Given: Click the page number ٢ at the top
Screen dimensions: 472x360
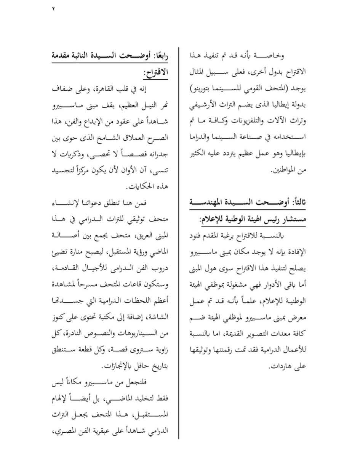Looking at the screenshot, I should (53, 10).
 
